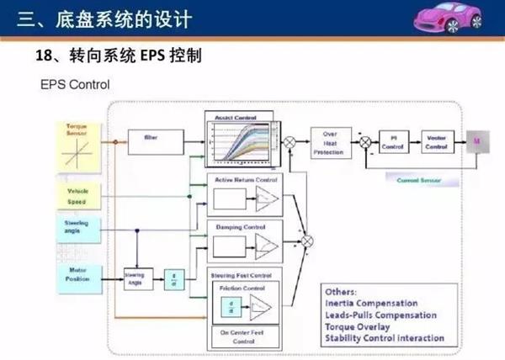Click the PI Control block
[392, 140]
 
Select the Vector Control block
[437, 140]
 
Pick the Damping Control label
[241, 227]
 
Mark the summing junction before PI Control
[364, 141]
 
